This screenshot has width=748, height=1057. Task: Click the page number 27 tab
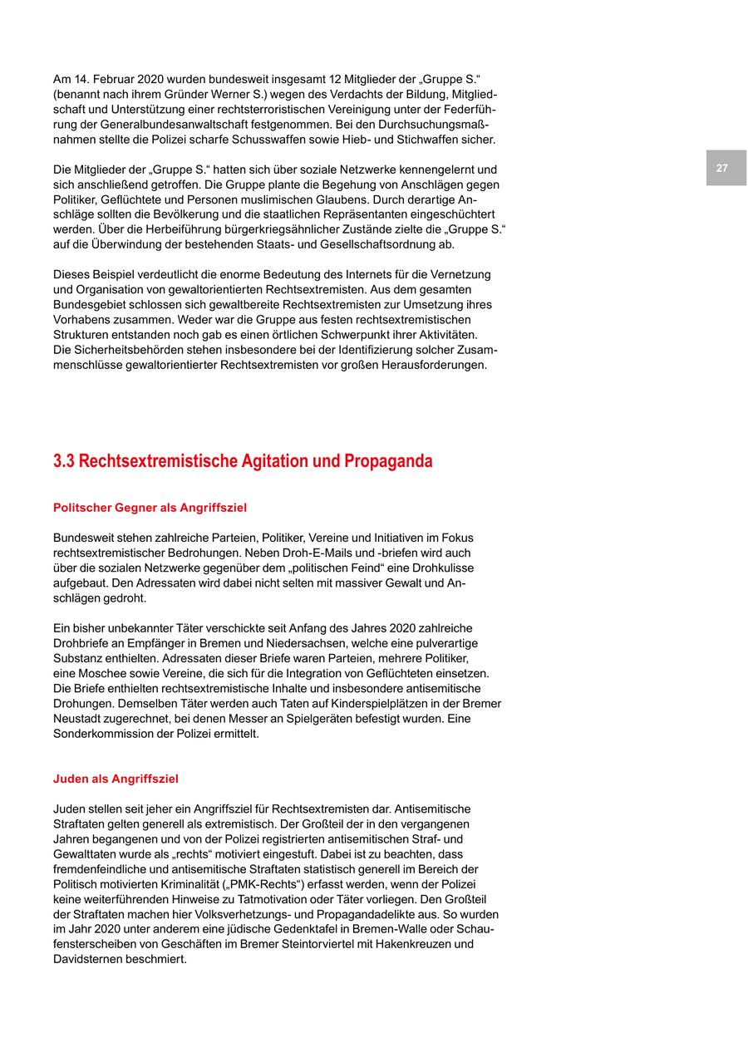point(721,168)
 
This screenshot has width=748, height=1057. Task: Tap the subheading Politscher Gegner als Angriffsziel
point(150,508)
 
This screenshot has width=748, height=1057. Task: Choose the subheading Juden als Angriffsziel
point(116,779)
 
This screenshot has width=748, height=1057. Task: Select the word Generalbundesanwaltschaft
point(155,125)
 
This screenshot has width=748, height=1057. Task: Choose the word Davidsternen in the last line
point(87,959)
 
